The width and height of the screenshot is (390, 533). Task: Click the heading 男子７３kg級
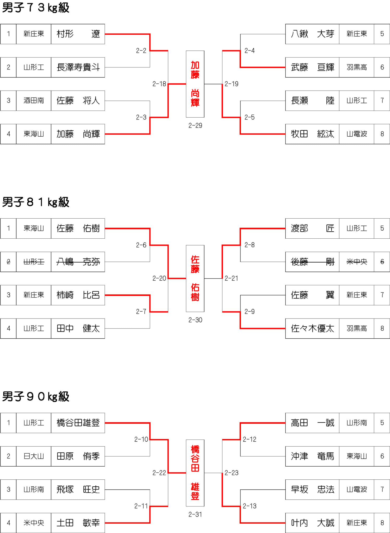coord(36,8)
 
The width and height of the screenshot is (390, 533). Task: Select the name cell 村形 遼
coord(78,34)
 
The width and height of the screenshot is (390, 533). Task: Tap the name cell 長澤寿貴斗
coord(78,67)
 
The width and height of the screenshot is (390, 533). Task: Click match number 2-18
coord(159,84)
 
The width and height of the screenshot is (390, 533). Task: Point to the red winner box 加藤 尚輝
coord(195,84)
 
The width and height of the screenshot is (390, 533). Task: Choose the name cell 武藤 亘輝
coord(312,67)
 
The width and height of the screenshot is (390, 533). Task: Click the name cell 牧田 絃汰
coord(312,134)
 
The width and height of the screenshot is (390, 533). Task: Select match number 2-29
coord(195,125)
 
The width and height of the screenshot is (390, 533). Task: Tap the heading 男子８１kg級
coord(36,202)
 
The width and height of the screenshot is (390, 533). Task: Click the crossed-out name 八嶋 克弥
coord(78,262)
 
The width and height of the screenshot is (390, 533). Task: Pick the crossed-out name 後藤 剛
coord(312,262)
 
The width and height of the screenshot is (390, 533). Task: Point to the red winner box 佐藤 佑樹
coord(195,278)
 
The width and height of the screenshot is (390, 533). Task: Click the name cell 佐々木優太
coord(312,328)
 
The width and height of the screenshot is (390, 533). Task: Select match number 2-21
coord(231,278)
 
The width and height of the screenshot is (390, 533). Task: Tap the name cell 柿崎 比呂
coord(78,295)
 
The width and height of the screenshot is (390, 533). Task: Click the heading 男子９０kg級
coord(36,397)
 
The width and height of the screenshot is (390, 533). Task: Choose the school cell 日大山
coord(34,456)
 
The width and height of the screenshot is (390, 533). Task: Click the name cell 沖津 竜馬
coord(312,456)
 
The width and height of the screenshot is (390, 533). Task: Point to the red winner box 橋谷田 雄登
coord(195,473)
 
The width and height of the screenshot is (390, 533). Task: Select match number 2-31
coord(195,514)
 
